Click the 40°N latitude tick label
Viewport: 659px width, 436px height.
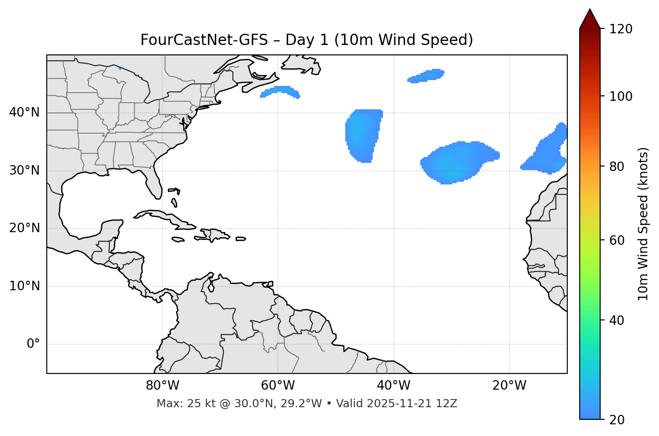24,112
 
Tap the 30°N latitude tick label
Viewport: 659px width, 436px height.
24,171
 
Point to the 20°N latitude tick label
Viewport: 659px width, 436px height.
24,228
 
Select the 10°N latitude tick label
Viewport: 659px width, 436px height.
24,286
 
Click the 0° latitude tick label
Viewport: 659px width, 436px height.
33,344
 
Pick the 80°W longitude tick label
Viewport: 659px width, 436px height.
162,386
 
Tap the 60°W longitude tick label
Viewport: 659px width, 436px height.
278,386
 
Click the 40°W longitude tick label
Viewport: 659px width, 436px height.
393,386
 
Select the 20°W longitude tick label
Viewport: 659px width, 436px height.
509,386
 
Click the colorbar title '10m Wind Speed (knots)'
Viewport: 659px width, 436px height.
643,224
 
